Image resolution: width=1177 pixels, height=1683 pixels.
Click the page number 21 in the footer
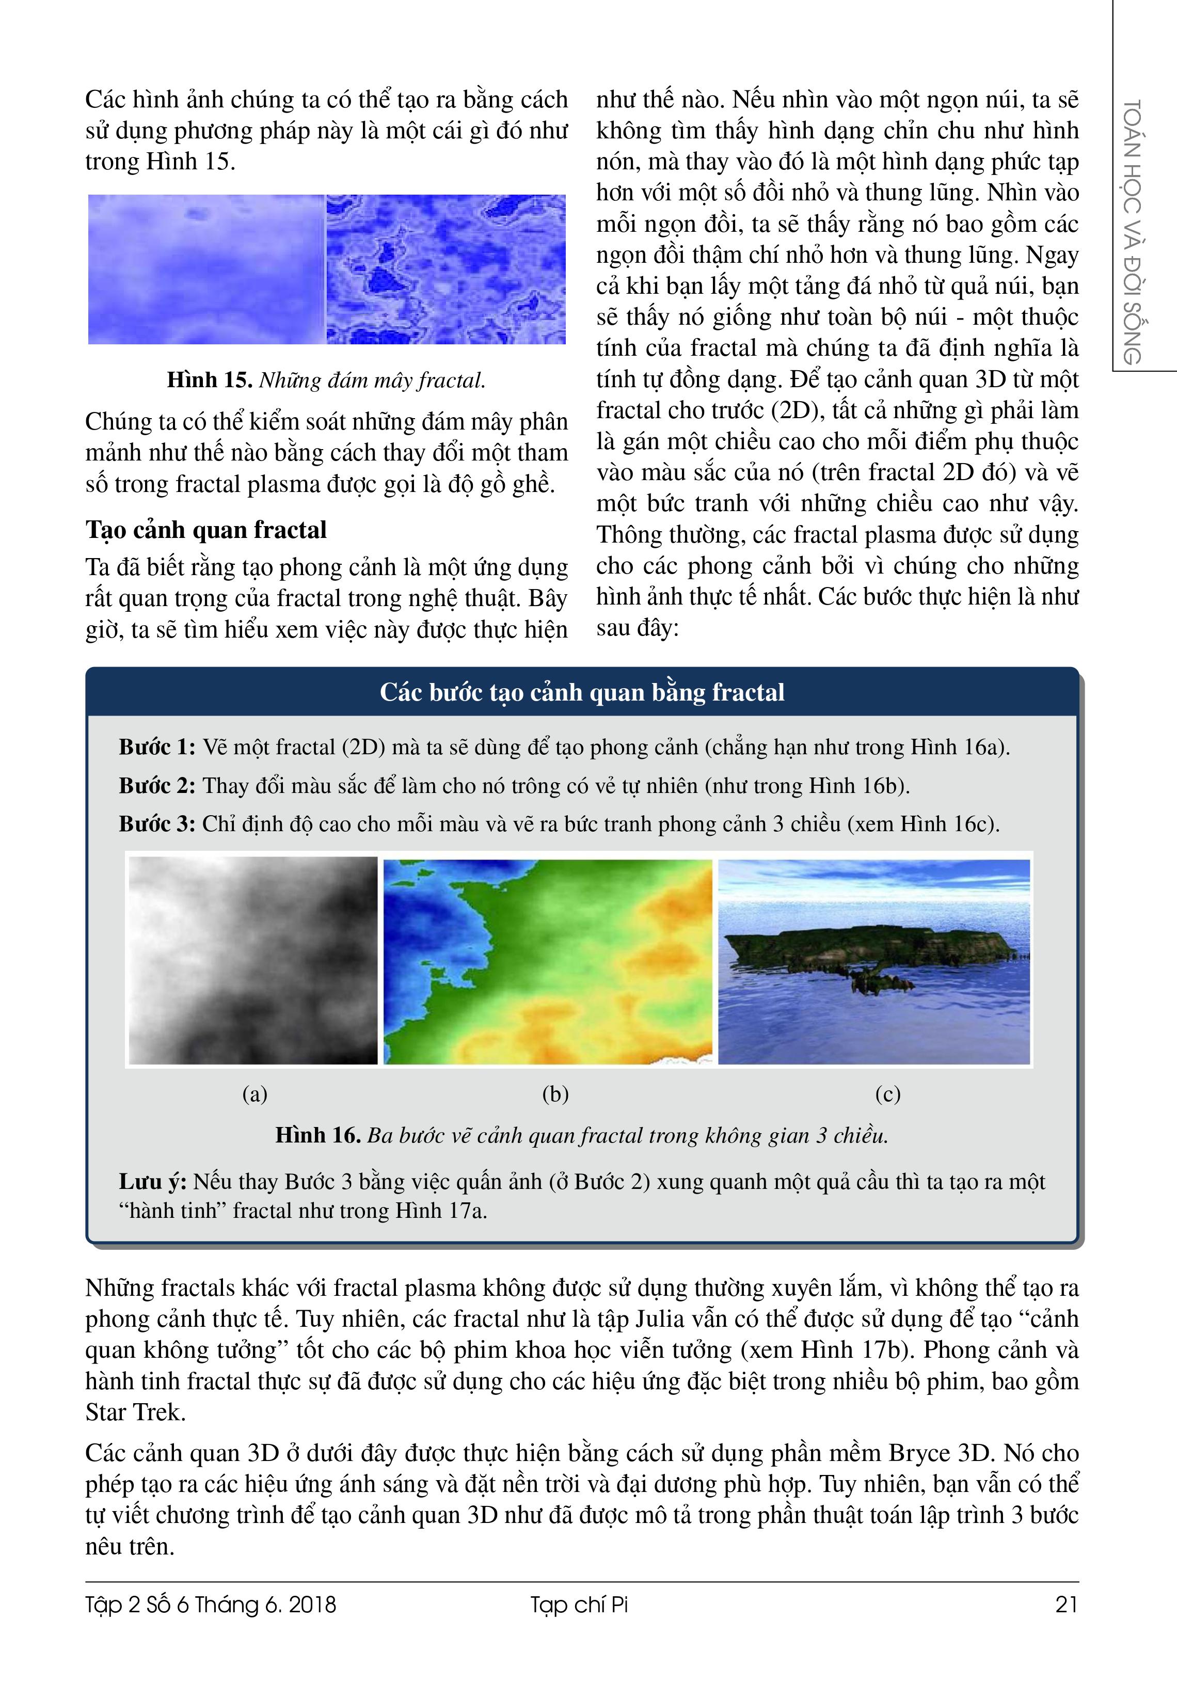click(1067, 1605)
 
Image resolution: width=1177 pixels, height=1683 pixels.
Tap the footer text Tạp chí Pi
click(580, 1605)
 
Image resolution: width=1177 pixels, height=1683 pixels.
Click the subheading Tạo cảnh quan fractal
click(206, 530)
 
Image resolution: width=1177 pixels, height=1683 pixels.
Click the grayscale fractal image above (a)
click(253, 960)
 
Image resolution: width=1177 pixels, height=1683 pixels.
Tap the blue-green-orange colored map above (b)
click(547, 960)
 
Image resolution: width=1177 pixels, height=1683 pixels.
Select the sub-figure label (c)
click(887, 1094)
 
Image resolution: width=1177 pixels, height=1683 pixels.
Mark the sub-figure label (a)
click(255, 1094)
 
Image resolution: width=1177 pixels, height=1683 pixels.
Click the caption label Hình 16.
click(318, 1135)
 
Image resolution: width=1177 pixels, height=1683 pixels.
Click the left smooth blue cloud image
click(206, 269)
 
